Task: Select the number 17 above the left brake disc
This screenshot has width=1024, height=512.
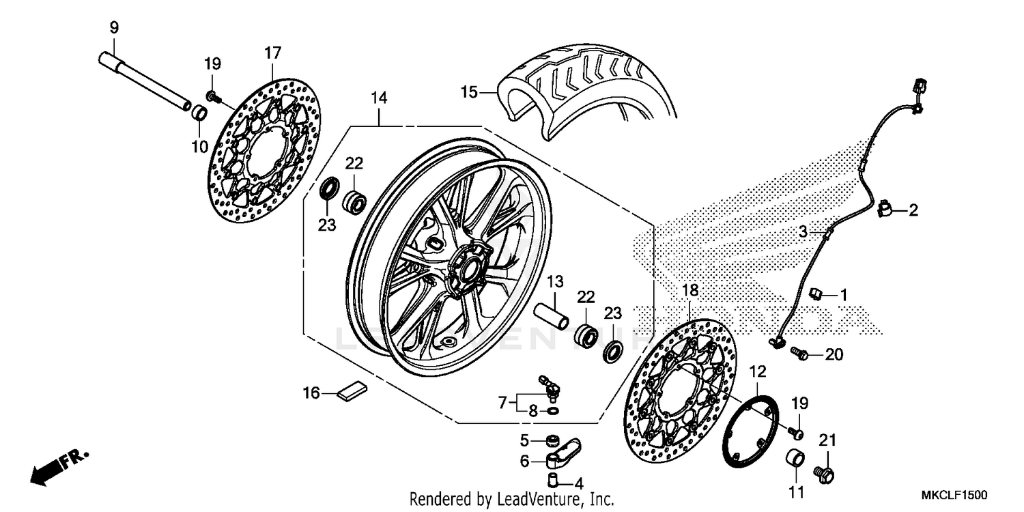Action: (x=273, y=53)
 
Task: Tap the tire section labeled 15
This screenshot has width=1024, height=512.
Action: (x=587, y=89)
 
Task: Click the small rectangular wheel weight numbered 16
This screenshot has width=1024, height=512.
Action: (x=352, y=391)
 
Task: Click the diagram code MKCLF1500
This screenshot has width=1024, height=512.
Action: (x=956, y=494)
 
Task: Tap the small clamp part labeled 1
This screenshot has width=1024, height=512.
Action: (x=815, y=295)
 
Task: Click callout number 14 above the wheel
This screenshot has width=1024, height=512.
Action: (x=379, y=99)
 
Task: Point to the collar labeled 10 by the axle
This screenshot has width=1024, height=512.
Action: (x=198, y=112)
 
